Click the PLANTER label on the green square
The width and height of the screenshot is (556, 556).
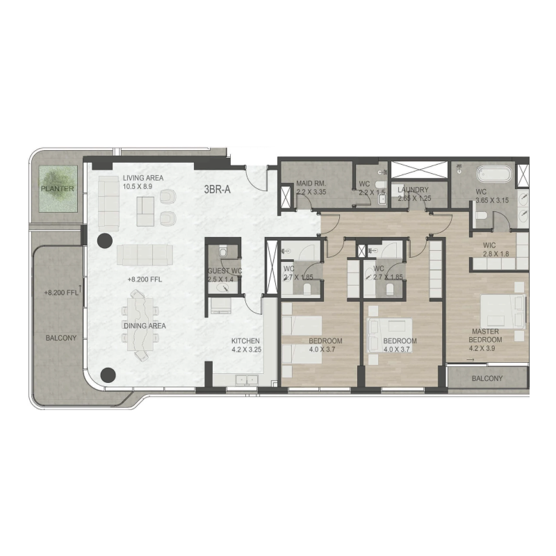click(x=57, y=189)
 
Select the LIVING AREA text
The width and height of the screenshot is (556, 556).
click(x=143, y=178)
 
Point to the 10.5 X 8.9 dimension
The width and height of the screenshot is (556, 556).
click(x=143, y=187)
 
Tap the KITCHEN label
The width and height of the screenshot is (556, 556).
click(x=246, y=341)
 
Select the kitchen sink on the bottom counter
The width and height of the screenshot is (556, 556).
click(x=244, y=379)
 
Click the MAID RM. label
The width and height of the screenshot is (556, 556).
click(x=311, y=183)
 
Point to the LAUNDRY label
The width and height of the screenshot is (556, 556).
click(x=412, y=190)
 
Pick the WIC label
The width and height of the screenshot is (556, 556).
click(x=491, y=246)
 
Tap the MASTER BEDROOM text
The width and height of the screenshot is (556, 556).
click(x=486, y=336)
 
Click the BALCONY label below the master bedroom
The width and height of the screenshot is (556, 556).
click(x=487, y=379)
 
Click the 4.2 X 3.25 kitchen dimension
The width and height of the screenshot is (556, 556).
click(x=246, y=350)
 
